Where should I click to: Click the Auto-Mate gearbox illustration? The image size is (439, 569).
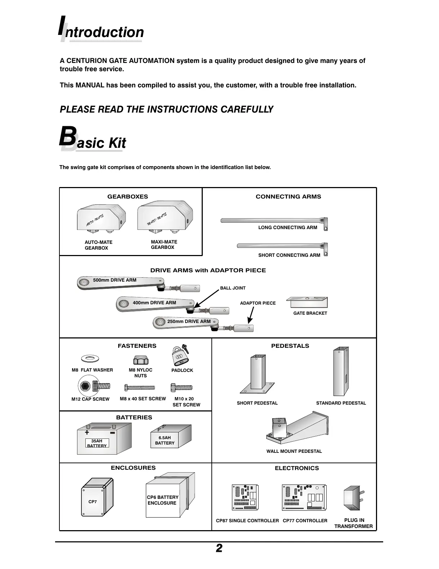[x=100, y=219]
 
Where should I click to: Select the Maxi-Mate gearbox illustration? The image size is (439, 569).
[x=165, y=217]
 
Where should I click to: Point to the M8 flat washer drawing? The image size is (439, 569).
[x=90, y=358]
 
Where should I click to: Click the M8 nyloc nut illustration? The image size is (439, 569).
[x=141, y=360]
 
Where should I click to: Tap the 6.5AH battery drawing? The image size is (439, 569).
[x=170, y=436]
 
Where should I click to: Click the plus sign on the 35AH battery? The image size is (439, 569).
[x=87, y=432]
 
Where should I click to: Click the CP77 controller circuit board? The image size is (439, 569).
[x=304, y=497]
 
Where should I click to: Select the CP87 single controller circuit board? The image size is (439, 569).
[x=246, y=497]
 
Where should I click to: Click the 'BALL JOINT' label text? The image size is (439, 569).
[x=233, y=288]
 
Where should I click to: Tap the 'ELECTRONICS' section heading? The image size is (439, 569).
[x=297, y=468]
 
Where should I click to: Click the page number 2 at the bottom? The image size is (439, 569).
[x=219, y=548]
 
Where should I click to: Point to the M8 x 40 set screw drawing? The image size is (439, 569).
[x=140, y=388]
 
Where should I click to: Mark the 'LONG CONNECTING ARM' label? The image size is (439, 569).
[x=287, y=227]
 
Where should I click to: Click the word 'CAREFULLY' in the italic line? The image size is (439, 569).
[x=247, y=109]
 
